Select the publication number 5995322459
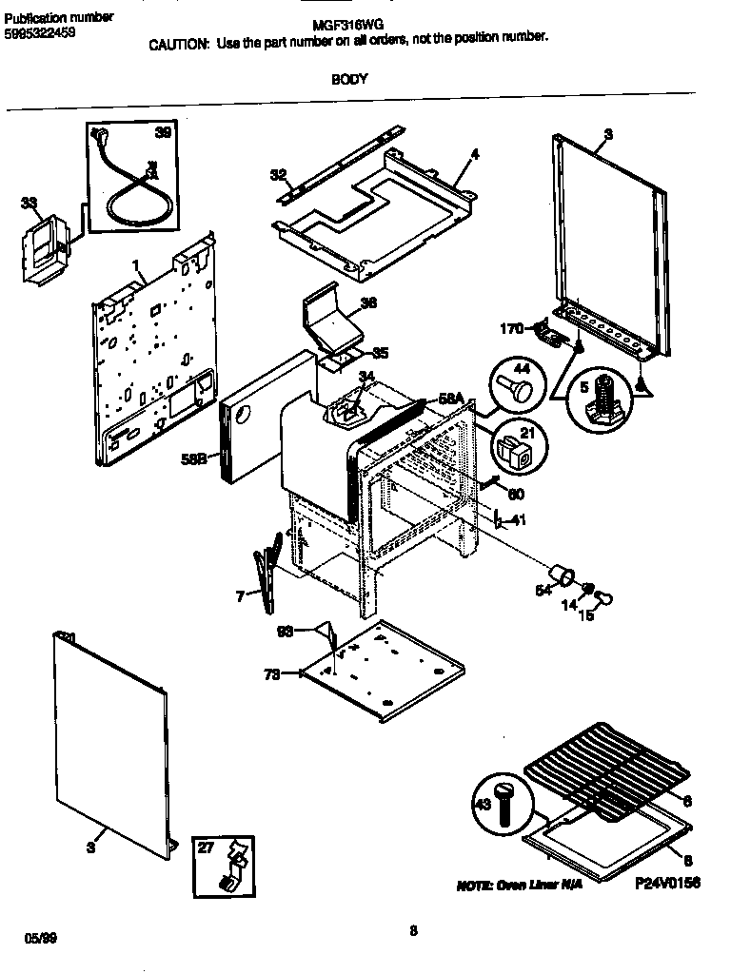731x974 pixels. pyautogui.click(x=41, y=32)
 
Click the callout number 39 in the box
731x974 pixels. pyautogui.click(x=163, y=133)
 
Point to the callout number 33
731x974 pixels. pyautogui.click(x=29, y=203)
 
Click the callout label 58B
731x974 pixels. pyautogui.click(x=194, y=459)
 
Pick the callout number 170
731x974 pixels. pyautogui.click(x=512, y=329)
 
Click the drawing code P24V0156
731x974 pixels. pyautogui.click(x=667, y=883)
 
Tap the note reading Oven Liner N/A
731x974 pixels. pyautogui.click(x=519, y=885)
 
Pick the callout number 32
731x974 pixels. pyautogui.click(x=277, y=174)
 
